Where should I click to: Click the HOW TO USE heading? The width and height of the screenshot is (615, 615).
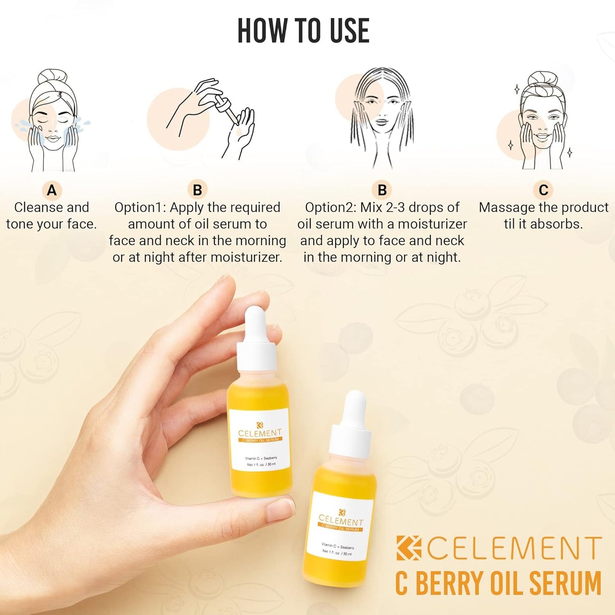point(303,31)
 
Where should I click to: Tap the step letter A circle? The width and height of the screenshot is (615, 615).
point(52,190)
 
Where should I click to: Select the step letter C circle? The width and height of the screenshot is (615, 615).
point(543,190)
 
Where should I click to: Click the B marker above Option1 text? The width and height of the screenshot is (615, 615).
point(197,190)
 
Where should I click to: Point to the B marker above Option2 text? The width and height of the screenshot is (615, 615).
point(382,190)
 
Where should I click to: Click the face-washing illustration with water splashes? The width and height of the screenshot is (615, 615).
point(52,121)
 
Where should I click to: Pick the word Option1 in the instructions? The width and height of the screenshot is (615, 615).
point(140,208)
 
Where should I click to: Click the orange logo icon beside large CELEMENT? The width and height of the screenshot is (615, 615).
point(409,548)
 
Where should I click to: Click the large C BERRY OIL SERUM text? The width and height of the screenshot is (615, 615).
point(498,584)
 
